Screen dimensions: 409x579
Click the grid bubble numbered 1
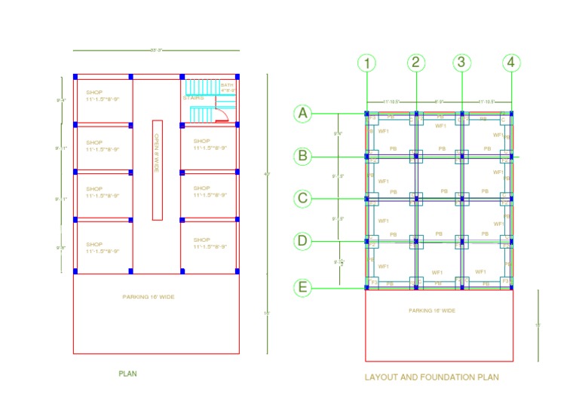366,63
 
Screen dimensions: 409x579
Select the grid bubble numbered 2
416,63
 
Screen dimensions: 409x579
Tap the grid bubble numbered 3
463,63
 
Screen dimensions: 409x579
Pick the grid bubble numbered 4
511,63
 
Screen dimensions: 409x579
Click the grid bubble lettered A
303,114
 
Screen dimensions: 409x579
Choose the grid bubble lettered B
303,157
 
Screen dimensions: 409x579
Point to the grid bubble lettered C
303,199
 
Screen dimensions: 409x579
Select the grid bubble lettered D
303,241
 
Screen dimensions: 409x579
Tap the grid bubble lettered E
303,288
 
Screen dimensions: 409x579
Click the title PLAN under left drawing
127,374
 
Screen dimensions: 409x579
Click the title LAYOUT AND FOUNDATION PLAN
431,377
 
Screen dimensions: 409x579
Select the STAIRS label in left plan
193,98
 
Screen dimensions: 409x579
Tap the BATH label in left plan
226,85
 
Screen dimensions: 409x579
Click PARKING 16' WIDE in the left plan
149,298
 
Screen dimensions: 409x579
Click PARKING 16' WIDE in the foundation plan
431,310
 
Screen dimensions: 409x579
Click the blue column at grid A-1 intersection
366,114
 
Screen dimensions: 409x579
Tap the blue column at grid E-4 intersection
511,287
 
